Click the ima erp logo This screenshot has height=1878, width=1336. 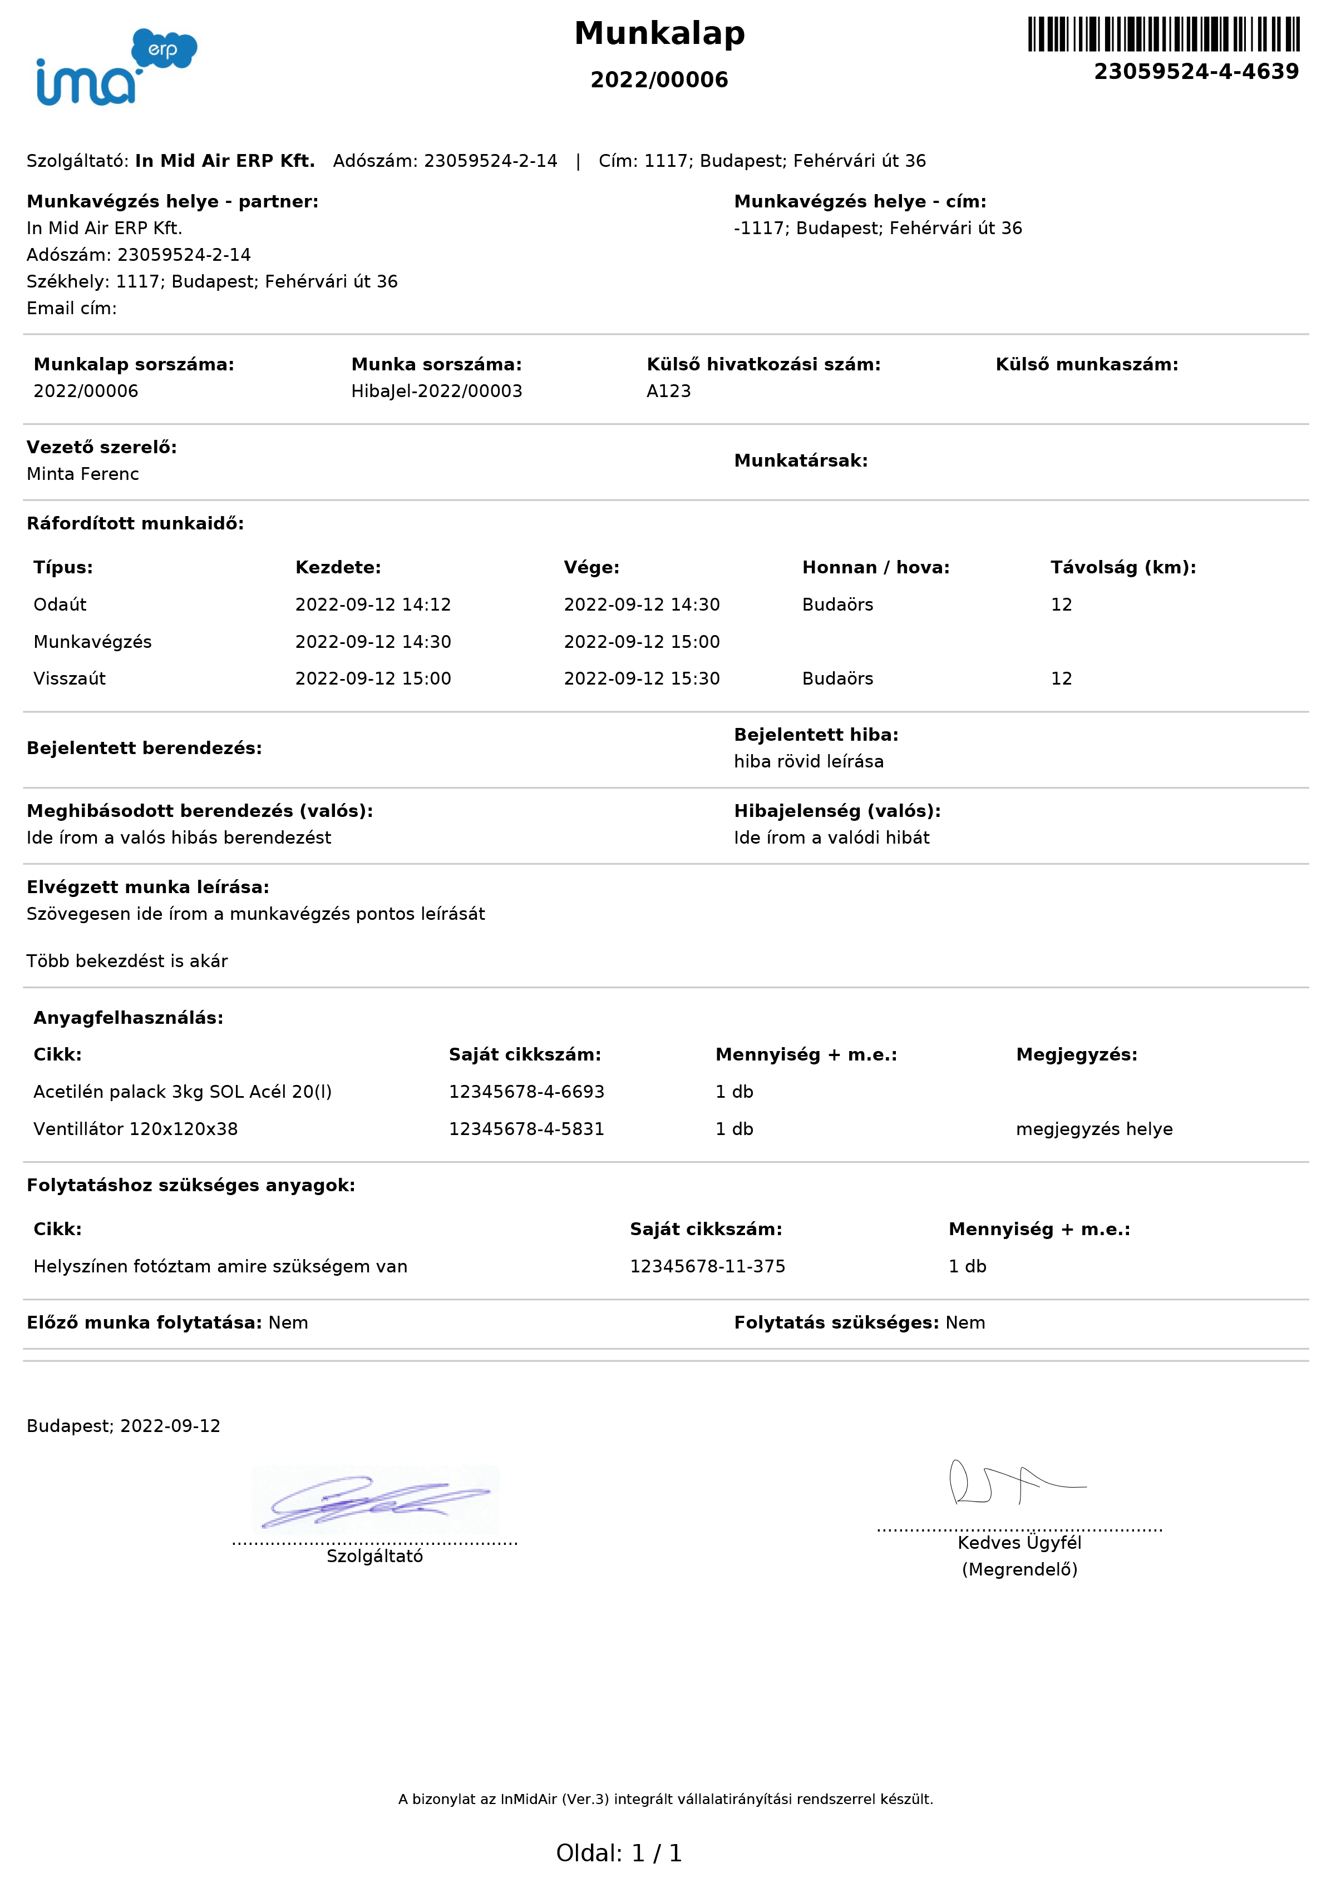(116, 67)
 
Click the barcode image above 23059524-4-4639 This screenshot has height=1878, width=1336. (1164, 34)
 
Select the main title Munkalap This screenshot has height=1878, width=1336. (660, 34)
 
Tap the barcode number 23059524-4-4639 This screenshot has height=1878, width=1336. (1196, 72)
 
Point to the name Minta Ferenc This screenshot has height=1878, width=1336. (82, 474)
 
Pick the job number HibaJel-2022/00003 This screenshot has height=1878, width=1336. (436, 392)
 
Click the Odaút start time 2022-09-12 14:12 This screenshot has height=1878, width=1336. (373, 605)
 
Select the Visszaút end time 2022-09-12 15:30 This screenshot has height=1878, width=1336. (641, 679)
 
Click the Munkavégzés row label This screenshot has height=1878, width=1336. (92, 642)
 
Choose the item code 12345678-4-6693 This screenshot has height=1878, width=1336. (526, 1092)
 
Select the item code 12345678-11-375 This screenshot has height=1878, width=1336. (707, 1266)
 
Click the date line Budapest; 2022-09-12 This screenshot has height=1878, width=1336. (124, 1426)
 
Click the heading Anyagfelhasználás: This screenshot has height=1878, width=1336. (129, 1018)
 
